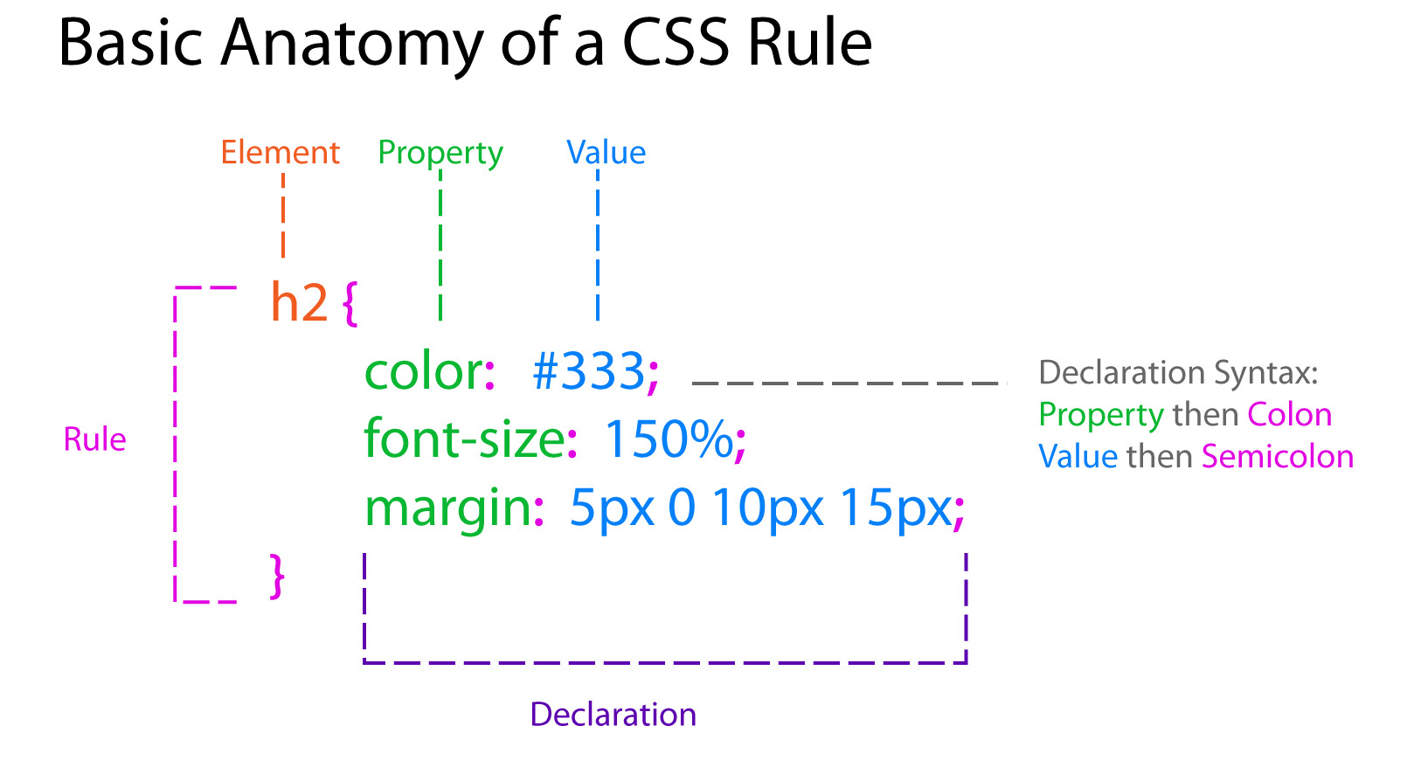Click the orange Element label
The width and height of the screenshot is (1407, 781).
click(281, 153)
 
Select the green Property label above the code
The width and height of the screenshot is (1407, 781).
click(440, 154)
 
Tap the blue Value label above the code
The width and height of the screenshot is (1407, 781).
click(606, 153)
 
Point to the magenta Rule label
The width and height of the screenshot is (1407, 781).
click(95, 439)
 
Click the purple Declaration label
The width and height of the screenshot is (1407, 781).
click(613, 715)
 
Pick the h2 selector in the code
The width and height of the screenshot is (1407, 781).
click(299, 302)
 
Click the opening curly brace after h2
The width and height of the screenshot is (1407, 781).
click(350, 304)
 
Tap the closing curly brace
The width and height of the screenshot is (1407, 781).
click(277, 577)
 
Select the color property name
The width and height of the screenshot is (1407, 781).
click(424, 371)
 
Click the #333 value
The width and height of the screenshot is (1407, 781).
click(588, 370)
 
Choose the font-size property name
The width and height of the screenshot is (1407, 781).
click(465, 438)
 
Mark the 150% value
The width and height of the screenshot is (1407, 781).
click(669, 439)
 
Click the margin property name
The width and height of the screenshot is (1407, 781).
click(448, 508)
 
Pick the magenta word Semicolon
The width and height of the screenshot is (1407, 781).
click(1278, 456)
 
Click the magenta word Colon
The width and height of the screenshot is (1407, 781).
click(1290, 414)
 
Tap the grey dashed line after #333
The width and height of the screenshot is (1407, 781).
click(849, 383)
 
